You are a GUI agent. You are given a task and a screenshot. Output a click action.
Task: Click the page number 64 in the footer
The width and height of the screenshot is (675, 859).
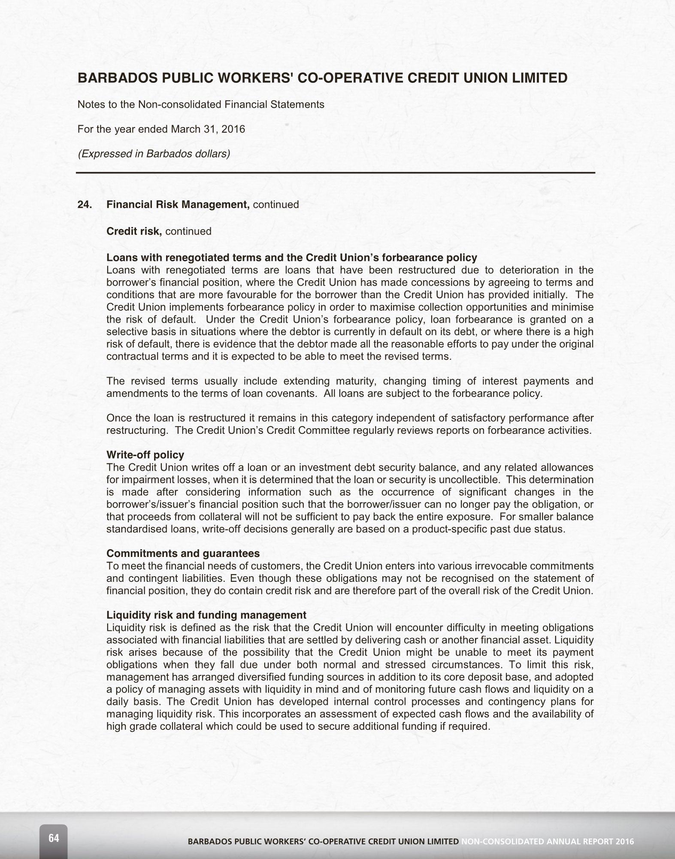tap(54, 838)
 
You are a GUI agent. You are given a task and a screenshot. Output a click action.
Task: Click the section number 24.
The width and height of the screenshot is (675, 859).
tap(85, 205)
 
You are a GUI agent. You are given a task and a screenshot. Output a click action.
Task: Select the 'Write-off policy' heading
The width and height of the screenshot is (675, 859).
tap(145, 455)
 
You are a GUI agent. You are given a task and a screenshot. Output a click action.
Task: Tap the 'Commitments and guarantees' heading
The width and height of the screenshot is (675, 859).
tap(183, 554)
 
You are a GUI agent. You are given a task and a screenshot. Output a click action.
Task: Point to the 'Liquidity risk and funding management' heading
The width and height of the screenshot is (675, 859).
tap(206, 615)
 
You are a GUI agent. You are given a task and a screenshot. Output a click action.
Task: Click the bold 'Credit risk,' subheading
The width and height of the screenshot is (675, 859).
tap(134, 231)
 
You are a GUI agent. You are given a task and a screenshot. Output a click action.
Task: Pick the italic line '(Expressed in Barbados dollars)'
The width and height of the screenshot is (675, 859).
tap(154, 154)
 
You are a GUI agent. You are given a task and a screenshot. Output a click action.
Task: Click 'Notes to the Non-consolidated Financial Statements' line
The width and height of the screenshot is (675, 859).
tap(201, 104)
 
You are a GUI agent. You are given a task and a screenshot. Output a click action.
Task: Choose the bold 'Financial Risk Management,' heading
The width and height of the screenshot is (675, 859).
tap(178, 205)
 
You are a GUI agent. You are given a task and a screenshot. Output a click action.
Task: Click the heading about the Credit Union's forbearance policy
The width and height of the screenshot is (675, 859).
tap(291, 257)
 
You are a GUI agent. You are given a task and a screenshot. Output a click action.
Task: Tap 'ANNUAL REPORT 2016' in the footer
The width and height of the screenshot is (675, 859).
tap(590, 841)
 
